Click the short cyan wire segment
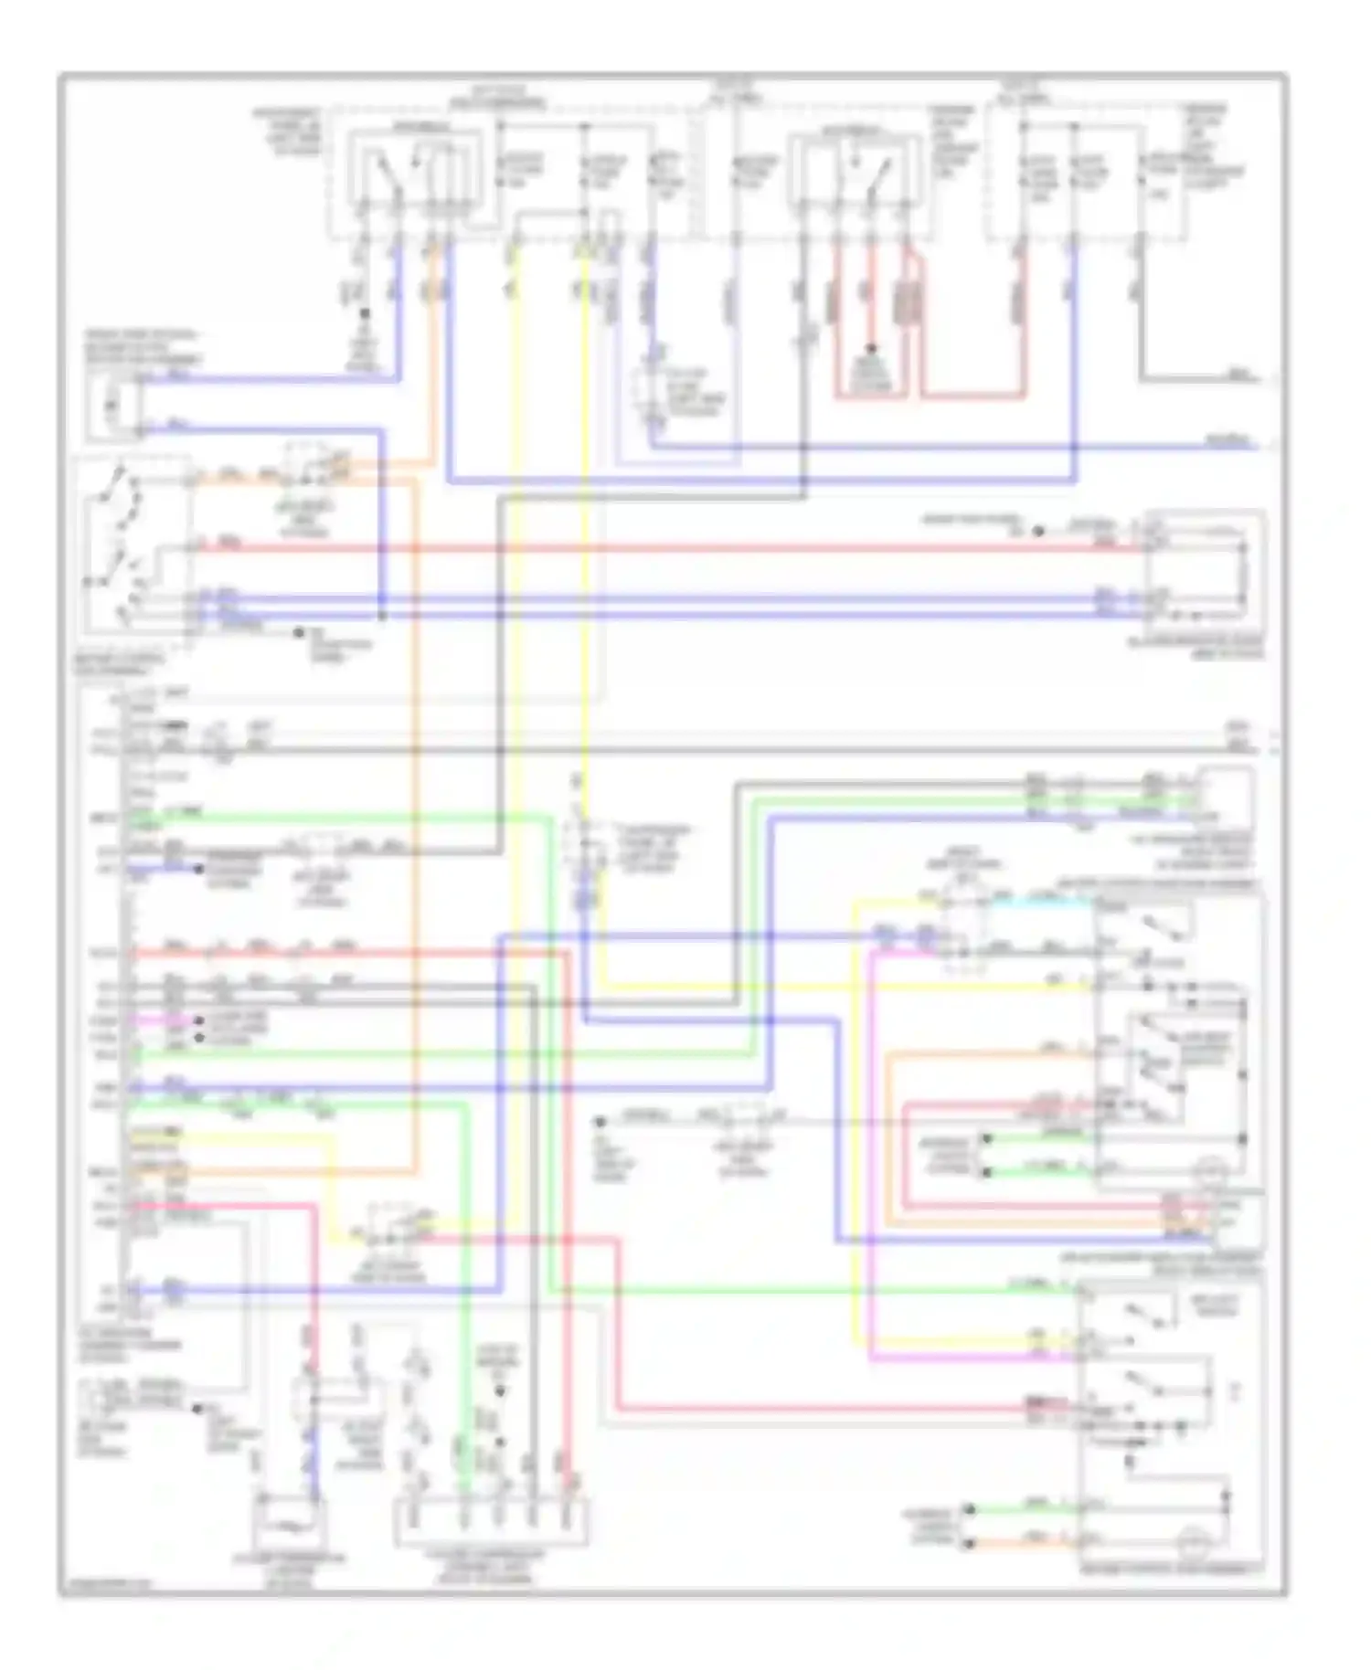(1042, 899)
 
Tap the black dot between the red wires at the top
(871, 349)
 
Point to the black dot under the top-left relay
(364, 313)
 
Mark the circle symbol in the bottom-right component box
(1194, 1543)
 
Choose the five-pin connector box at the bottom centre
(491, 1522)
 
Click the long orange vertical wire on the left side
(415, 822)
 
